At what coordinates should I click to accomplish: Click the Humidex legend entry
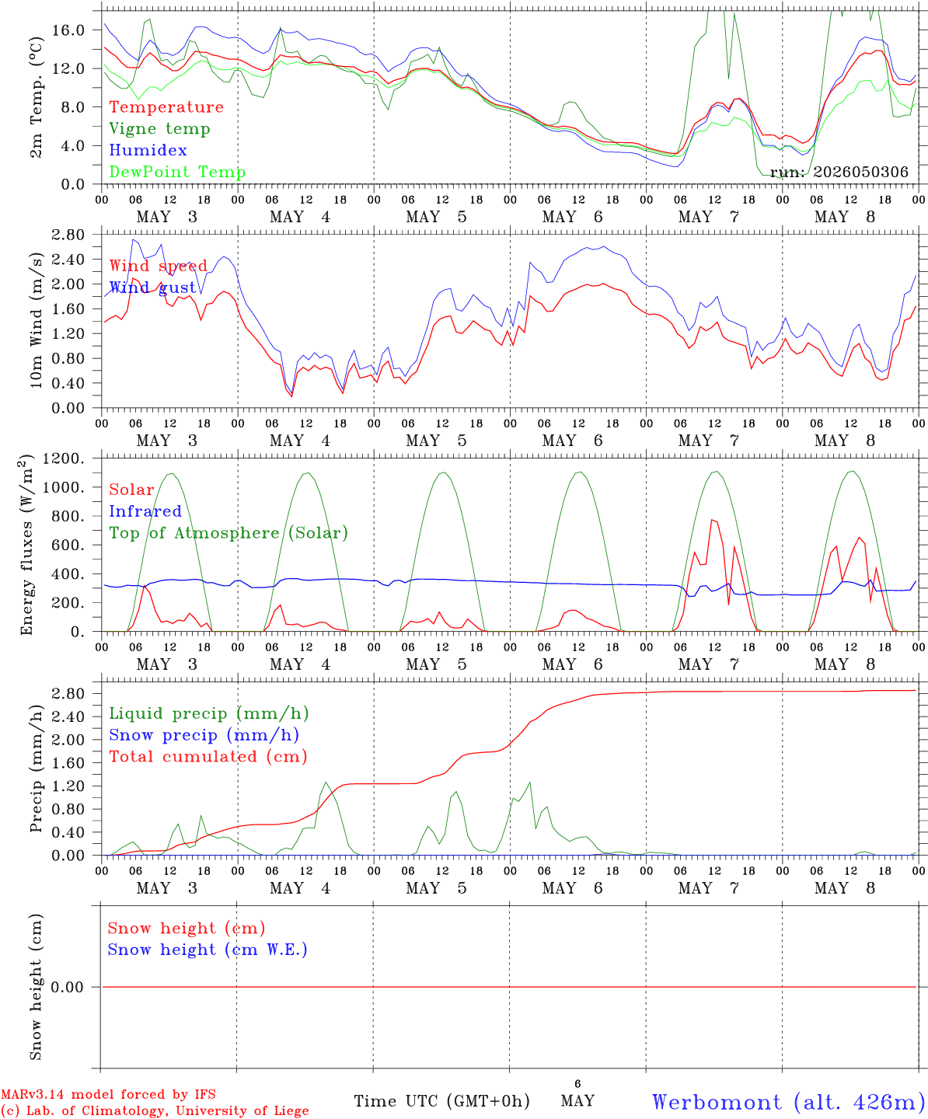point(148,150)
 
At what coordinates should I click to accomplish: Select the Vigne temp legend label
point(160,129)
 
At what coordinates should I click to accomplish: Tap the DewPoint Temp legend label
point(177,172)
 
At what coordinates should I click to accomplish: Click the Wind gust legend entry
point(153,288)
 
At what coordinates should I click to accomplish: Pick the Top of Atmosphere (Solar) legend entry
point(229,533)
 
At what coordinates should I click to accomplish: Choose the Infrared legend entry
point(145,511)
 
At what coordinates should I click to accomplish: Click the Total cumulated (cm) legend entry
point(208,756)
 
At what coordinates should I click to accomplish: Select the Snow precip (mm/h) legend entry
point(204,735)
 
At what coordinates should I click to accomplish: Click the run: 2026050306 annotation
point(839,172)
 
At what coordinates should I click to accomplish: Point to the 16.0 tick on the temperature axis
point(68,30)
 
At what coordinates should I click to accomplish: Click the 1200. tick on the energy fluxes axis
point(64,458)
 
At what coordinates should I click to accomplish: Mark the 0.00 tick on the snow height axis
point(68,987)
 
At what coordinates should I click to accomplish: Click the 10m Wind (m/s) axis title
point(36,320)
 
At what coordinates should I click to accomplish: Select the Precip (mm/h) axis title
point(36,769)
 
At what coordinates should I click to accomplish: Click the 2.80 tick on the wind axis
point(68,235)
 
